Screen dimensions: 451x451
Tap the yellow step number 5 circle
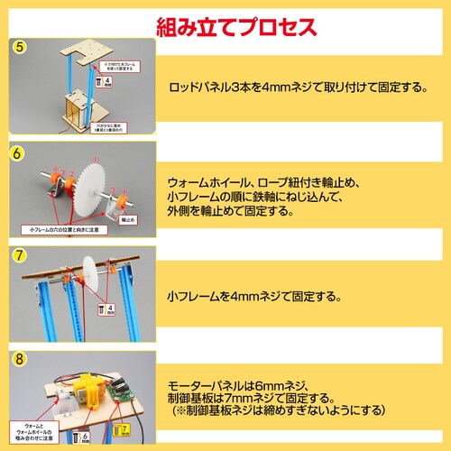click(20, 46)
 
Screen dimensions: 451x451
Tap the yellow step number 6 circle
click(17, 152)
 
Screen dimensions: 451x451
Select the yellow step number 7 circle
click(19, 255)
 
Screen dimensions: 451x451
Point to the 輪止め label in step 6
click(128, 218)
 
